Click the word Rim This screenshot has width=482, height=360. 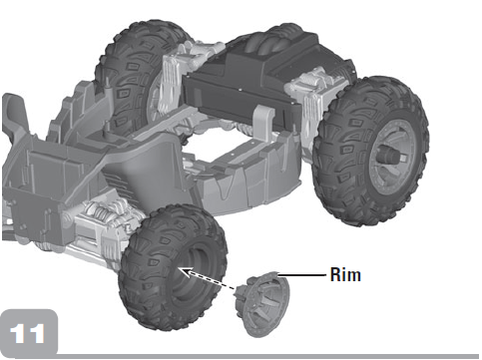tap(345, 275)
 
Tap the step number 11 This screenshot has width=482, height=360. tap(27, 333)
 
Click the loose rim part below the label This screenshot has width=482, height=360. tap(262, 303)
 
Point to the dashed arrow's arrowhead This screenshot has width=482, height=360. tap(186, 272)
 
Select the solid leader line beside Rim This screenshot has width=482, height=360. tap(301, 275)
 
